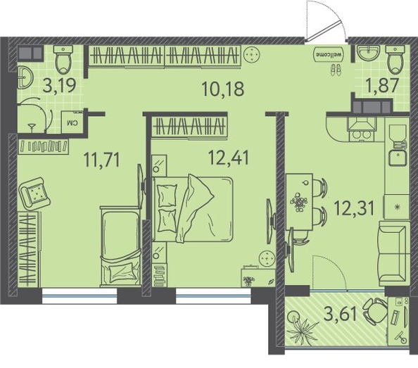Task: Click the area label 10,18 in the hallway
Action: click(x=223, y=89)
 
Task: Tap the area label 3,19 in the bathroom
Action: click(x=59, y=85)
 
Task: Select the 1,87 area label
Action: click(x=383, y=85)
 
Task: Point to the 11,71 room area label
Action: click(x=102, y=159)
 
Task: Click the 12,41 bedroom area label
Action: click(x=229, y=157)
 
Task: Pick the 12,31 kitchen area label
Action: click(x=354, y=208)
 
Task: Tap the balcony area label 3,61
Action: click(x=340, y=314)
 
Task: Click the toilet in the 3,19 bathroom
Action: click(x=63, y=59)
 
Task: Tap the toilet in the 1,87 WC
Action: click(x=395, y=60)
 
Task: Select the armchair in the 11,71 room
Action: click(x=34, y=192)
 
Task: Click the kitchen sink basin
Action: click(x=398, y=158)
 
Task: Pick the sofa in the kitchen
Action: click(x=394, y=253)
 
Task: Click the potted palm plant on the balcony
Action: click(x=303, y=325)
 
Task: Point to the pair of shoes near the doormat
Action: click(x=336, y=70)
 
